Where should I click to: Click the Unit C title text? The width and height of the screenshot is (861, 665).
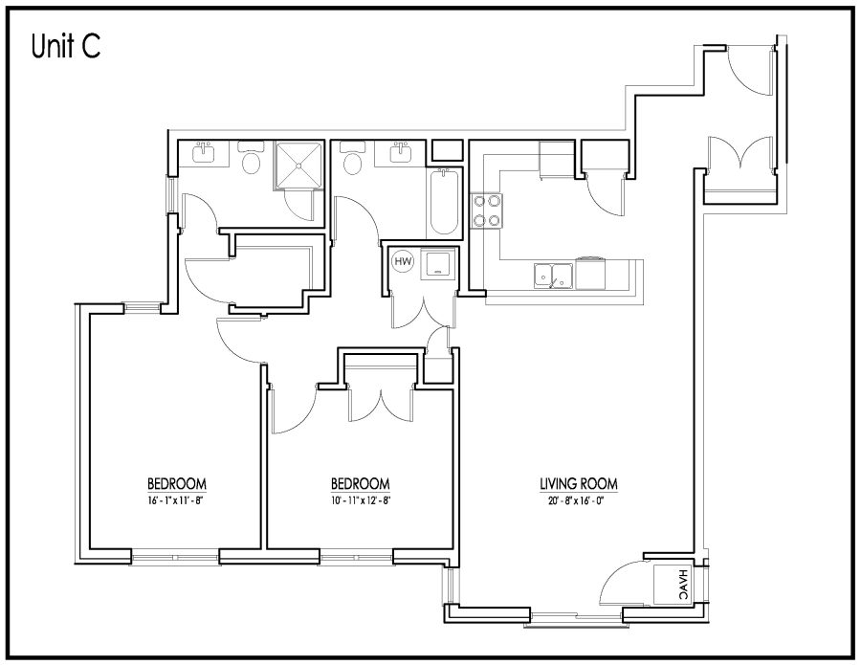[x=66, y=46]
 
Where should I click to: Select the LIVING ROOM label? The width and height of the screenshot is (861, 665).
[x=578, y=484]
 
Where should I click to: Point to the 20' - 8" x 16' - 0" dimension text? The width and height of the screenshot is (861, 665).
[x=578, y=500]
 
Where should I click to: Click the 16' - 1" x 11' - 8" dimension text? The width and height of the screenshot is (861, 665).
[x=176, y=500]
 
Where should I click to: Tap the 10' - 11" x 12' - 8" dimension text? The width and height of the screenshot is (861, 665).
[x=361, y=500]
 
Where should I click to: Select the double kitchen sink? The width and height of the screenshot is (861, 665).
[x=553, y=276]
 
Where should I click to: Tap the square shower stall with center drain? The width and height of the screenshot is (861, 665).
[x=298, y=165]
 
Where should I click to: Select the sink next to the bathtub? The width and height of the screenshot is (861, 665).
[x=400, y=153]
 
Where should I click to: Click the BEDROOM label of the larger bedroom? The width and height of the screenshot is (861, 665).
[x=176, y=484]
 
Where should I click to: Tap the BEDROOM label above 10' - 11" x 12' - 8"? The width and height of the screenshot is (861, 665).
[x=361, y=484]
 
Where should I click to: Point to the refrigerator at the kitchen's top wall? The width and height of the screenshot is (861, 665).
[x=557, y=160]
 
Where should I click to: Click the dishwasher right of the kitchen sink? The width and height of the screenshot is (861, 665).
[x=590, y=274]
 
